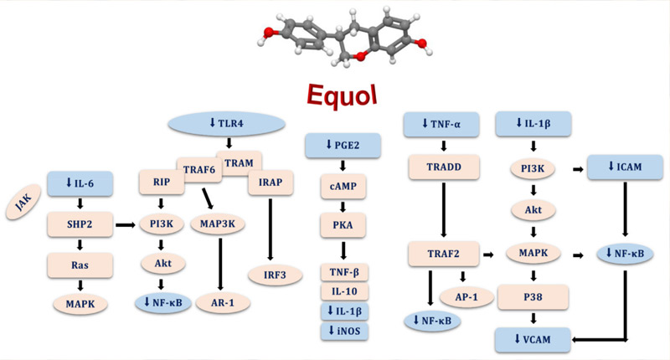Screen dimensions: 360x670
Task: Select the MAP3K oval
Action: tap(217, 224)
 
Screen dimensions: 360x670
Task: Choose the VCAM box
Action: tap(534, 339)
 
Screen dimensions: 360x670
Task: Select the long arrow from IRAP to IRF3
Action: tap(270, 227)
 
